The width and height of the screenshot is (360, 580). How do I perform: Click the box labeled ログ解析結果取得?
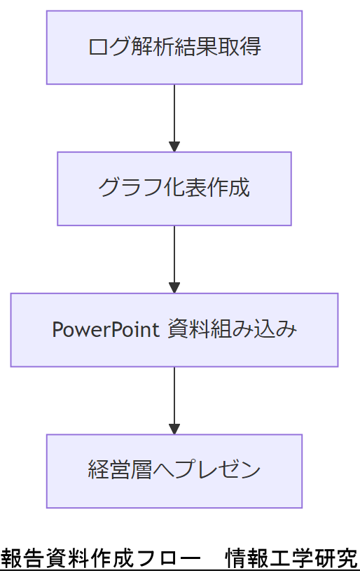click(174, 48)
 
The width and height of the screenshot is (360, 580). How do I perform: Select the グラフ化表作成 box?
click(174, 188)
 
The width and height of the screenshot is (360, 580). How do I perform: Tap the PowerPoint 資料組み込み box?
click(174, 329)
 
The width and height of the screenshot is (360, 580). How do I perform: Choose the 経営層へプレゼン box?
click(174, 470)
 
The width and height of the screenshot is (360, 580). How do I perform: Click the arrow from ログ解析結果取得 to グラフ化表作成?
click(174, 116)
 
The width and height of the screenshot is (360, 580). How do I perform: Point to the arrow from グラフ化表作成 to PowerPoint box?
click(174, 256)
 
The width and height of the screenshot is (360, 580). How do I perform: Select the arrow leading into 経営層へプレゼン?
click(174, 397)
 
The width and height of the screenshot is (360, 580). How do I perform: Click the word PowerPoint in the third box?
click(106, 329)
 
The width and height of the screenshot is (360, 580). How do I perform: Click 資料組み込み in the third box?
click(232, 329)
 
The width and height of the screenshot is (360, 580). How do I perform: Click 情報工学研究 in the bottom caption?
click(291, 560)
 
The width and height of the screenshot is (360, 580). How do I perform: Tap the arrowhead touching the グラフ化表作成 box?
click(174, 147)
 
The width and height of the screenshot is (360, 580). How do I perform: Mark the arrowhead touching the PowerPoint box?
click(174, 288)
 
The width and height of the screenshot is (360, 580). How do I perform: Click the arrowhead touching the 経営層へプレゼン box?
click(174, 429)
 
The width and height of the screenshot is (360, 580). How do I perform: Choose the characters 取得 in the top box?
click(240, 48)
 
